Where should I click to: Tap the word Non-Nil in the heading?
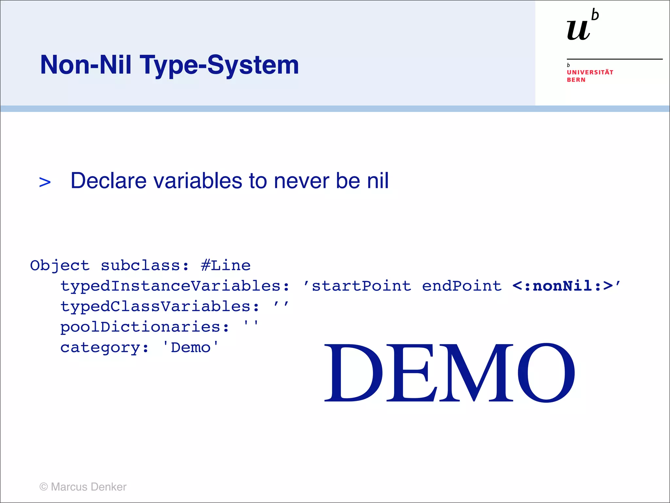click(86, 65)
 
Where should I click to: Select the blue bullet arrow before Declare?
click(45, 182)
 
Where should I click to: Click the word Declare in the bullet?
click(108, 181)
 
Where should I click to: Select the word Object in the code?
click(60, 265)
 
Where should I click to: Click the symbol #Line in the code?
click(226, 265)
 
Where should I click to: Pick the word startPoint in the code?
click(361, 286)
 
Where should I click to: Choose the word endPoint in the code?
click(462, 286)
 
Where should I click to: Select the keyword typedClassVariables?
click(160, 307)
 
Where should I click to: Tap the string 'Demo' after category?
click(190, 347)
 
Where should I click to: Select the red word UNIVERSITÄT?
click(590, 72)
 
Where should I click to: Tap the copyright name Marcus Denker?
click(88, 487)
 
